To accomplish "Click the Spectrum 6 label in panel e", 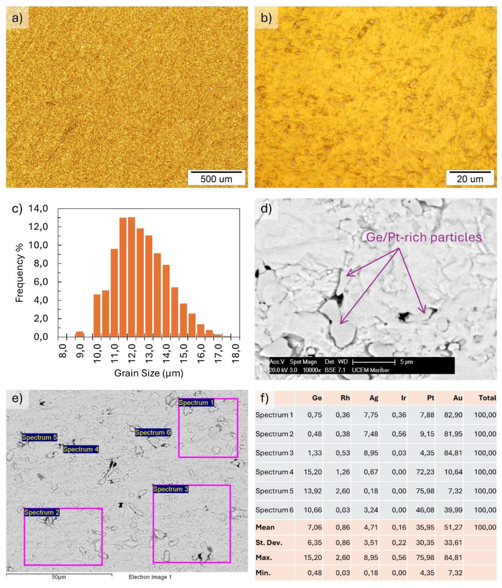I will (153, 433).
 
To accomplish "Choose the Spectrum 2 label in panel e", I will (42, 512).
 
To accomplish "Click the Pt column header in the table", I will (431, 398).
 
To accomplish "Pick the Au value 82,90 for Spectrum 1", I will (453, 415).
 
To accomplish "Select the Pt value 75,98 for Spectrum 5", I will (426, 491).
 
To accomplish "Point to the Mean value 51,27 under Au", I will (453, 527).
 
